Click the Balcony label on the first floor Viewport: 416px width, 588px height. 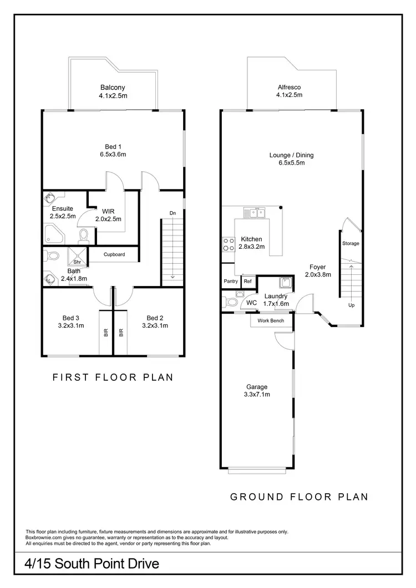point(113,87)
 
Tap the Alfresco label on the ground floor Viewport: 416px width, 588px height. point(290,87)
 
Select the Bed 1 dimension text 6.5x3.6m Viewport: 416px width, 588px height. point(113,155)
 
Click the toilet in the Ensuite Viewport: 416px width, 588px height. point(83,237)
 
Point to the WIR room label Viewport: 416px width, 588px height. point(108,211)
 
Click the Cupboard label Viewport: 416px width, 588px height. point(114,255)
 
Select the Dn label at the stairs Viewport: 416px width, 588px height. point(173,212)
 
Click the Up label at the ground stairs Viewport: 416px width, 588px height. point(351,305)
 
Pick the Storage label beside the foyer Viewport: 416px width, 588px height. point(351,243)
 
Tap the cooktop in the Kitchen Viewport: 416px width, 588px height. point(228,244)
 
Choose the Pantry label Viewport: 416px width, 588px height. point(231,282)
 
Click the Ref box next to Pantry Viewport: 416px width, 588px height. point(247,282)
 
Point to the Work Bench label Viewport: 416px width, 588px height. point(270,320)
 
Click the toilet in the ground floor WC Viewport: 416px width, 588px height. point(230,302)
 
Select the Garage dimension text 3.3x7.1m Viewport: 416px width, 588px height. point(257,395)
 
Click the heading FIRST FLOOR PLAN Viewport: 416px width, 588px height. point(113,377)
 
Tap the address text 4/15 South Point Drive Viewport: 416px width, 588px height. point(93,564)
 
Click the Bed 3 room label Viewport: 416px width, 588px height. point(70,318)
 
